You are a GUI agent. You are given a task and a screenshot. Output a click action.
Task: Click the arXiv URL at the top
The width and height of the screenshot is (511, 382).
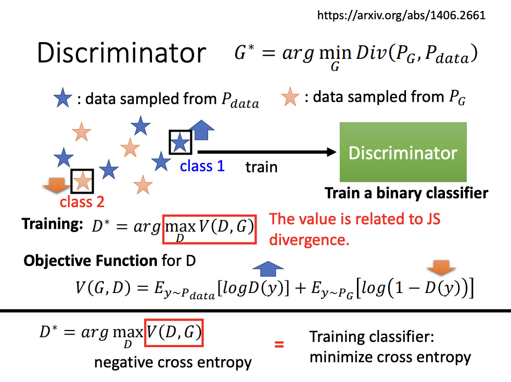(x=401, y=15)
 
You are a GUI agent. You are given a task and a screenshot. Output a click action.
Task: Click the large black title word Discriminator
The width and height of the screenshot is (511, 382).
(x=122, y=53)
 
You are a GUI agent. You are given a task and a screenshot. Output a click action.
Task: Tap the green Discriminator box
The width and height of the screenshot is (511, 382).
(x=403, y=152)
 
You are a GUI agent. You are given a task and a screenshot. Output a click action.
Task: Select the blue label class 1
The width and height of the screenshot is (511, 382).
(x=202, y=166)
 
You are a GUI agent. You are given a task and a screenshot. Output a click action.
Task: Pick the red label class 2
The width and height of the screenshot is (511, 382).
(x=82, y=202)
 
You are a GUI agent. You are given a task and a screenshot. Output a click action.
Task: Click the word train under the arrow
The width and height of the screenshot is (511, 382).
(x=261, y=167)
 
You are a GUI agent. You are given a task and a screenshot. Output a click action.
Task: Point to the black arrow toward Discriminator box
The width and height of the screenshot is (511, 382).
(x=267, y=152)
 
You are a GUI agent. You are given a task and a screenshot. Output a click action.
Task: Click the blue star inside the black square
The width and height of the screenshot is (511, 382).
(x=180, y=143)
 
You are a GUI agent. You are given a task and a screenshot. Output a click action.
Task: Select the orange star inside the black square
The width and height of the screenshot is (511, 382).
(x=82, y=181)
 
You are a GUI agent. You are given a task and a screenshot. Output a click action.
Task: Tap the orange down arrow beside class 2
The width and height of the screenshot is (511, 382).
(x=56, y=185)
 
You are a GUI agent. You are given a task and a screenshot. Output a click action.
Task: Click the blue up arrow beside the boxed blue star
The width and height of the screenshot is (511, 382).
(x=202, y=130)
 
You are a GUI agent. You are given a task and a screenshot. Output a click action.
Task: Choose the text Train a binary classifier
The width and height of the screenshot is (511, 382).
(x=406, y=193)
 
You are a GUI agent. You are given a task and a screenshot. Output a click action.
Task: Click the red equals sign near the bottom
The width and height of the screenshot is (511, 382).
(x=279, y=344)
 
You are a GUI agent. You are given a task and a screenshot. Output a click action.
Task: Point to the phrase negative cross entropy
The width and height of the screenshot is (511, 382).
(x=173, y=363)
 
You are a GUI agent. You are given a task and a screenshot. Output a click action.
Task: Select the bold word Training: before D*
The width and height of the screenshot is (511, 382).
(x=52, y=224)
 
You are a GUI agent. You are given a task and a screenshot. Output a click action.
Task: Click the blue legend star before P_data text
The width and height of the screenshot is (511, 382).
(x=62, y=98)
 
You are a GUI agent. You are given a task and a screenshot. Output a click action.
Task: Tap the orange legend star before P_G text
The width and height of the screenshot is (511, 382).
(x=290, y=97)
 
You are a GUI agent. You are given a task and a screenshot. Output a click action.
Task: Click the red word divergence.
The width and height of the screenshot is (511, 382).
(x=309, y=240)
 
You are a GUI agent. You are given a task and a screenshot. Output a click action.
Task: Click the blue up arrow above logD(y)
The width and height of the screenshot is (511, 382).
(x=268, y=269)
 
